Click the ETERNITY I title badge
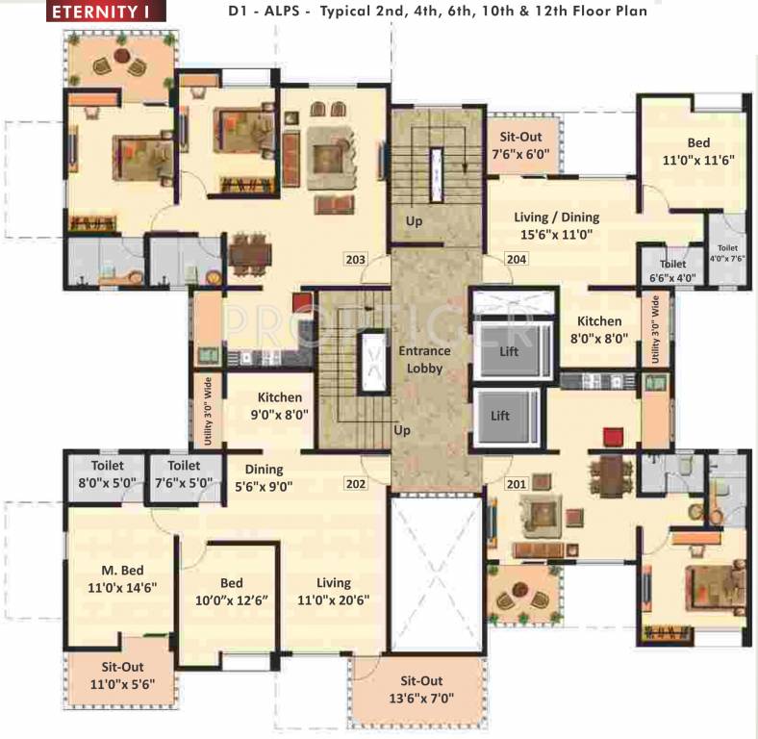(107, 13)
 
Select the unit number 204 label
(518, 259)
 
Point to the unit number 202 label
(356, 484)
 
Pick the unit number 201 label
(518, 484)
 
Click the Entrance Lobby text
(424, 359)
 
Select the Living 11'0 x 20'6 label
(333, 591)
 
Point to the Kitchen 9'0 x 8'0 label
(279, 405)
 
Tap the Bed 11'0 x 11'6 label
(698, 152)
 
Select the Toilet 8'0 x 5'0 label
(109, 471)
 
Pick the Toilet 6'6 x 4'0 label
(672, 270)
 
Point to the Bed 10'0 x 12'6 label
(231, 591)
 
